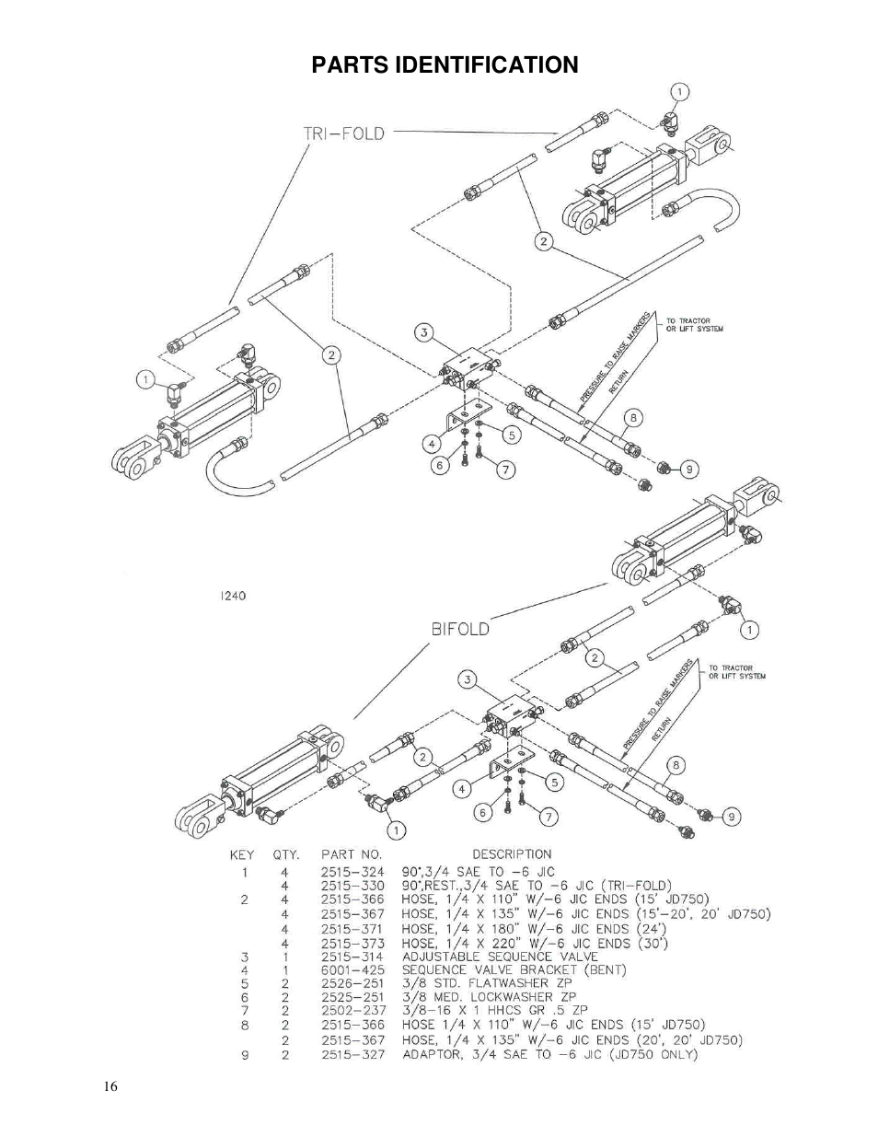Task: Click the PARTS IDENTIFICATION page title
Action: point(445,65)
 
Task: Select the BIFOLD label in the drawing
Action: point(460,630)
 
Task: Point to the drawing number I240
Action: point(233,596)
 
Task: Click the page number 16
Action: point(110,1086)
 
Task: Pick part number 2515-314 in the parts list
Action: point(352,957)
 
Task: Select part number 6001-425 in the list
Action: point(352,969)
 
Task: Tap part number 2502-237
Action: point(352,1010)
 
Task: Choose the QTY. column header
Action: point(285,854)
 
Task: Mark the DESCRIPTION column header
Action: point(512,854)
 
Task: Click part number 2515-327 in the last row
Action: point(352,1055)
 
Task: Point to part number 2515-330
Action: point(352,886)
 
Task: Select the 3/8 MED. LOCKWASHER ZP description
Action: point(489,996)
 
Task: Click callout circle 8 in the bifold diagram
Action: point(676,764)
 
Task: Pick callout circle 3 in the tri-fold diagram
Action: point(422,332)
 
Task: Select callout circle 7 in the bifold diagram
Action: point(548,817)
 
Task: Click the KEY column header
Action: point(242,854)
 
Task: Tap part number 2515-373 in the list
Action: point(352,944)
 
